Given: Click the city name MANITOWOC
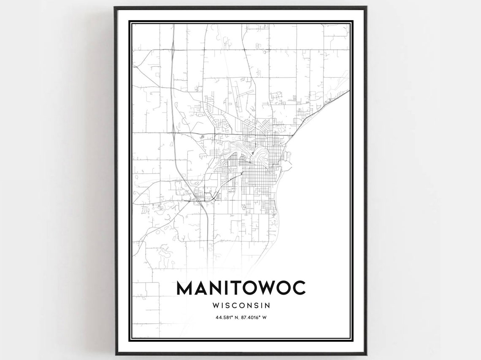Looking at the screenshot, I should [x=241, y=288].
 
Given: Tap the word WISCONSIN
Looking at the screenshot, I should [x=241, y=304].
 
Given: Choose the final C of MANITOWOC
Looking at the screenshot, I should [x=298, y=288].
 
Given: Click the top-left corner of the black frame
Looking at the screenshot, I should [x=115, y=7].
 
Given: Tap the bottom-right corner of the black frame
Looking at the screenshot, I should [x=366, y=353].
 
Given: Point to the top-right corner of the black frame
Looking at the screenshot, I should [x=366, y=7].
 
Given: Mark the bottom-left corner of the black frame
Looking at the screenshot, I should [x=115, y=353].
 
